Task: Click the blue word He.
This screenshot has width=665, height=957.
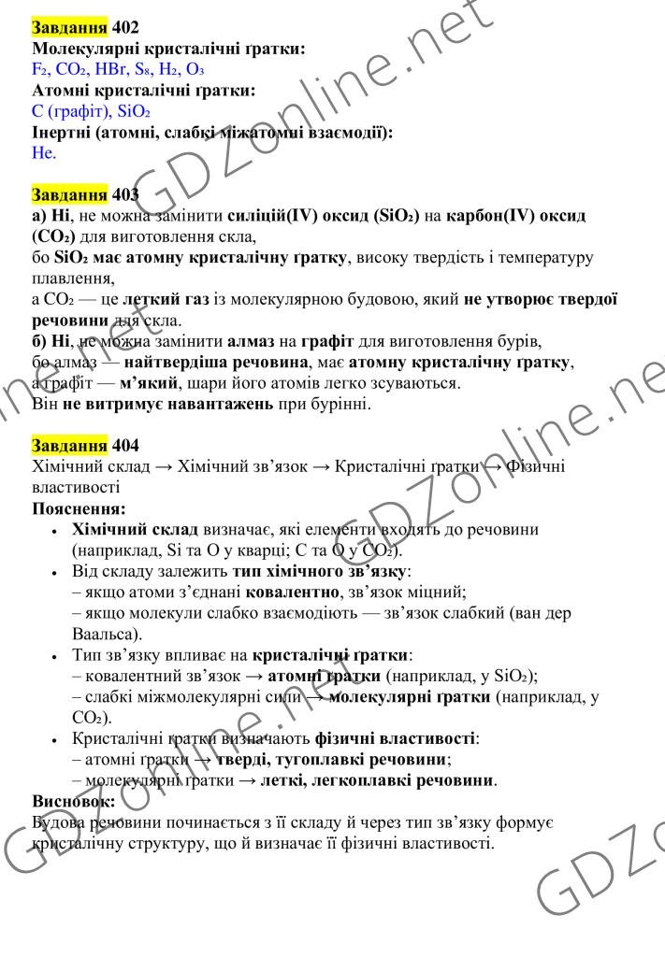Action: click(x=44, y=152)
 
